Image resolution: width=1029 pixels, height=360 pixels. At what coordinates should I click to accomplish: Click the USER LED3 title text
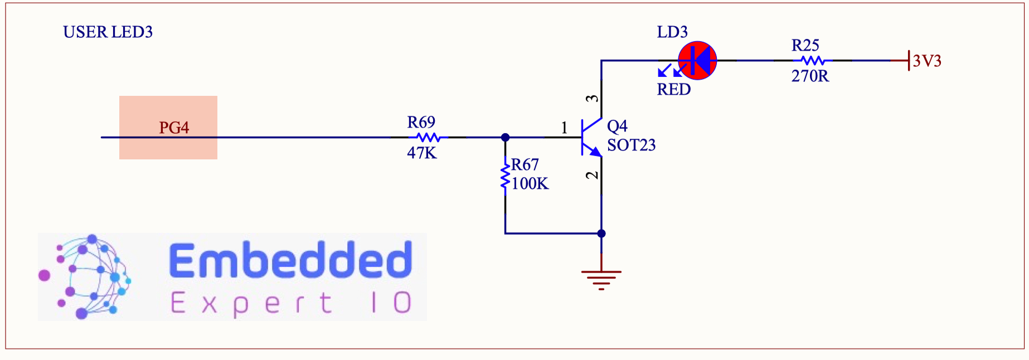(x=108, y=32)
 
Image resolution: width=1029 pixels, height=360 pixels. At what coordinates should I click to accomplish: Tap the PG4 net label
(x=174, y=128)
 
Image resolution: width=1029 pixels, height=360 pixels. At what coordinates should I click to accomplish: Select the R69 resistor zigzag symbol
(x=428, y=137)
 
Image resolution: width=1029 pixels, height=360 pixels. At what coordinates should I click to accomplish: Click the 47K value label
(x=422, y=153)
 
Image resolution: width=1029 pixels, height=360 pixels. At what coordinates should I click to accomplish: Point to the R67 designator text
(x=525, y=165)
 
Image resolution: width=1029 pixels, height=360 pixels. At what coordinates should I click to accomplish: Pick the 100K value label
(x=530, y=184)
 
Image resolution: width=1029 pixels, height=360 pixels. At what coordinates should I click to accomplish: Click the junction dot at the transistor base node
(x=505, y=137)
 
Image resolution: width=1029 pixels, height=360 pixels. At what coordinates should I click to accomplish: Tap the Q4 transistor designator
(x=617, y=126)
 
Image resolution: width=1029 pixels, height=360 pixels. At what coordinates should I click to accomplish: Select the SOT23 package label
(x=631, y=145)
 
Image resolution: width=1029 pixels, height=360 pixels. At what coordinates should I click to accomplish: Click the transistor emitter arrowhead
(x=596, y=151)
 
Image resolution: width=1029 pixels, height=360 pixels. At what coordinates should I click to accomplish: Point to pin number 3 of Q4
(x=593, y=99)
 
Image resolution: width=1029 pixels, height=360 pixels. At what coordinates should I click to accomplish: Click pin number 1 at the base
(x=564, y=128)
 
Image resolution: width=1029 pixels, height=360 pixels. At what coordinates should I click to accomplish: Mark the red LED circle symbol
(x=697, y=60)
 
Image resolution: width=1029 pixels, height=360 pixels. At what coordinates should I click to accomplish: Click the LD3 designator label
(x=672, y=32)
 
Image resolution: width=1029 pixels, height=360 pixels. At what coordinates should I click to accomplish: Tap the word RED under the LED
(x=673, y=90)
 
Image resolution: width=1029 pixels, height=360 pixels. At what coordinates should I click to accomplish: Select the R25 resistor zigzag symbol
(x=812, y=60)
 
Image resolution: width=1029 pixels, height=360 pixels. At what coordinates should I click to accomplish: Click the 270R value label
(x=810, y=76)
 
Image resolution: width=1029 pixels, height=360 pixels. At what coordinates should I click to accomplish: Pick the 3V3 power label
(x=927, y=61)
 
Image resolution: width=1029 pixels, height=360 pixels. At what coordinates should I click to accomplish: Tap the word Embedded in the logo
(x=290, y=260)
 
